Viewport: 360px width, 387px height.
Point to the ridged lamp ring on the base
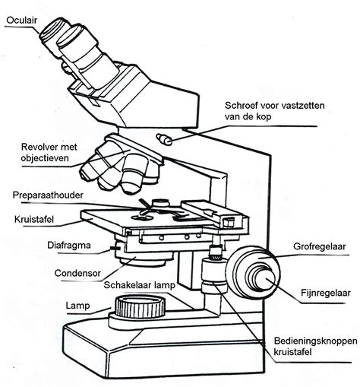[x=139, y=308]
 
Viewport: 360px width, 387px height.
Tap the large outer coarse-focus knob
[x=247, y=270]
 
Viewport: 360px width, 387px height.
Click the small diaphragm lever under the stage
[x=114, y=248]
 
